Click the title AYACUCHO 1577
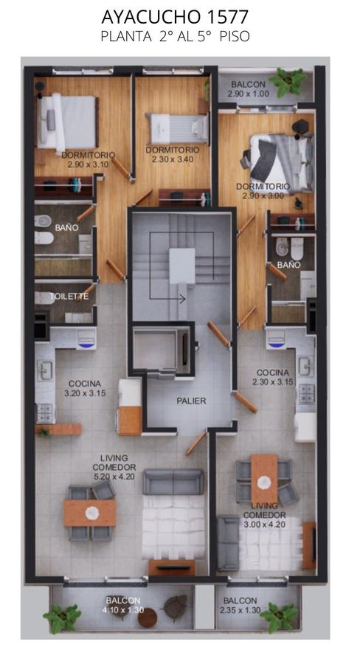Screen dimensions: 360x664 [175, 18]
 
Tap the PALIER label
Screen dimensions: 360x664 [192, 401]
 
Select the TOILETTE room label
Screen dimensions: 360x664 [69, 297]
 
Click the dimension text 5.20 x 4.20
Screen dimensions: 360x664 [114, 477]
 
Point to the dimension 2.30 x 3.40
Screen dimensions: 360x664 [173, 159]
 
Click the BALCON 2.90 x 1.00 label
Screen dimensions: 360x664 [248, 89]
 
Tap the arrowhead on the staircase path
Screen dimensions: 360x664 [182, 299]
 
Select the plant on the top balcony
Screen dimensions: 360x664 [288, 81]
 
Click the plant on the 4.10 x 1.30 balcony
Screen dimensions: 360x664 [62, 618]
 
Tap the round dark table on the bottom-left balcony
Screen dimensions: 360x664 [148, 618]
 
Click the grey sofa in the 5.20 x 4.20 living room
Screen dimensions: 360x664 [173, 482]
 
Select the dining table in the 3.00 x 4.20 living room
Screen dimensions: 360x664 [264, 479]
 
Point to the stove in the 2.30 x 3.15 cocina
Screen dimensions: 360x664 [307, 393]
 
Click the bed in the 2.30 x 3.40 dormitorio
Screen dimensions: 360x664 [177, 128]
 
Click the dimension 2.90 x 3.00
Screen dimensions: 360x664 [263, 196]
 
